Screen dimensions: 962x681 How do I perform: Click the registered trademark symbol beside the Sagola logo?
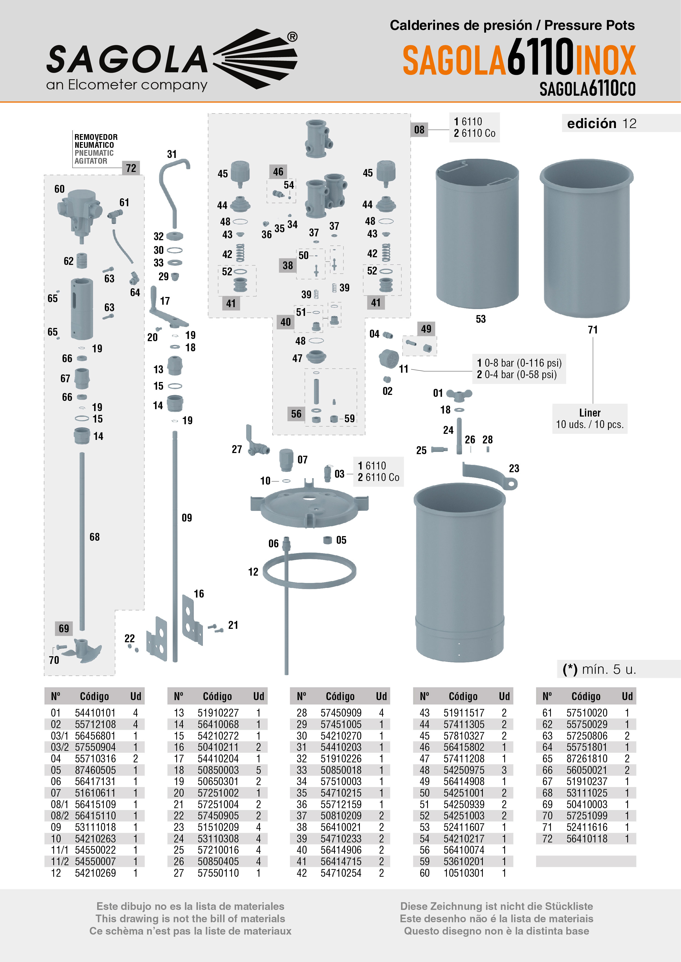[x=292, y=37]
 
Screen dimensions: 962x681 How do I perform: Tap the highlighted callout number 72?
[x=131, y=168]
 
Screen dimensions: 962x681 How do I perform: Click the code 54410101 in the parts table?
[x=95, y=713]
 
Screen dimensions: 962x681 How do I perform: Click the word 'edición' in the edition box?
[x=591, y=124]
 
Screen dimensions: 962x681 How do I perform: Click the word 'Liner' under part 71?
[x=590, y=413]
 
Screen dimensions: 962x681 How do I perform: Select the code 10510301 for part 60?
[x=464, y=873]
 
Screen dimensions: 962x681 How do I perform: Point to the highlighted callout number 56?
[x=296, y=414]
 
